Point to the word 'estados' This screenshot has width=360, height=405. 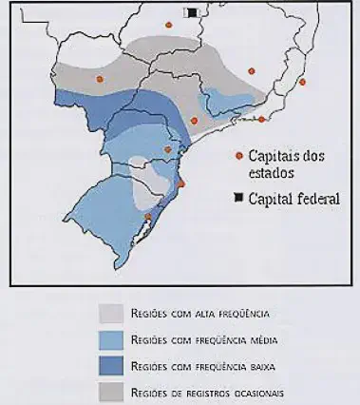pyautogui.click(x=272, y=173)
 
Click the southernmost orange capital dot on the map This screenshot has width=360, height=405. pyautogui.click(x=147, y=217)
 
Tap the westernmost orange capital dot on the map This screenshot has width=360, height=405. pyautogui.click(x=100, y=79)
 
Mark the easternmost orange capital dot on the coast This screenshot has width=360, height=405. pyautogui.click(x=302, y=83)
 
